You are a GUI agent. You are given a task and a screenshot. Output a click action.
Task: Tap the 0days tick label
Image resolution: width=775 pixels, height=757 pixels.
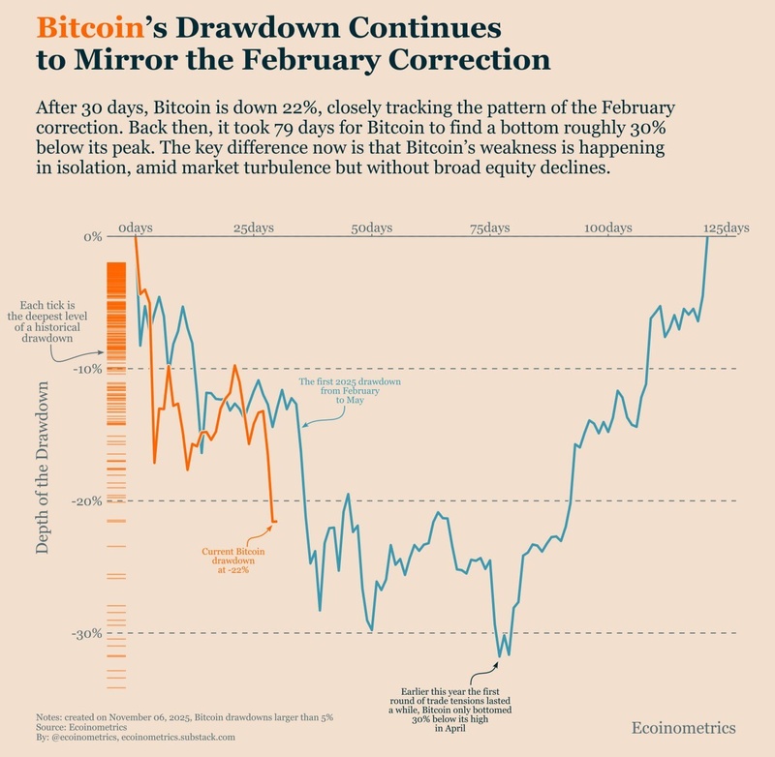pyautogui.click(x=136, y=227)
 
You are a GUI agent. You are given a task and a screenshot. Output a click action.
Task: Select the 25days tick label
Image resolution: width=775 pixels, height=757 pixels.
pyautogui.click(x=254, y=227)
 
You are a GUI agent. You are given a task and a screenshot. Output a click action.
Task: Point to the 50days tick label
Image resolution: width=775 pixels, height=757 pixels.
pyautogui.click(x=372, y=227)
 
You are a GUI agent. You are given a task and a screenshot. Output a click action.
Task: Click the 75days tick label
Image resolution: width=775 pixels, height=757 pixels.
pyautogui.click(x=490, y=227)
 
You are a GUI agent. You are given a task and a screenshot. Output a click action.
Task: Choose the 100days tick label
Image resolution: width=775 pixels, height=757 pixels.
pyautogui.click(x=607, y=227)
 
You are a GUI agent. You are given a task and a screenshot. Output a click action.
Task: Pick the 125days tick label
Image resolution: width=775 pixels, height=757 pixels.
pyautogui.click(x=726, y=227)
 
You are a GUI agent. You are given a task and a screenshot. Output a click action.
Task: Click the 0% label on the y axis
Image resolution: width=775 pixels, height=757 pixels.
pyautogui.click(x=93, y=237)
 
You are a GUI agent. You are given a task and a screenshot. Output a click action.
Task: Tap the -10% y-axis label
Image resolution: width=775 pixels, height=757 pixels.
pyautogui.click(x=88, y=369)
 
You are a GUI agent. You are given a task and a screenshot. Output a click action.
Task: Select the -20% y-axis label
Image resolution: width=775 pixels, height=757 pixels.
pyautogui.click(x=88, y=501)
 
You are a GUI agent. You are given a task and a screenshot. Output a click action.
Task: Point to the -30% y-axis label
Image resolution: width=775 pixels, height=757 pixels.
pyautogui.click(x=88, y=634)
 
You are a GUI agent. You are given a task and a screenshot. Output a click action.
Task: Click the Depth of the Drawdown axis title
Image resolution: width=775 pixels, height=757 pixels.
pyautogui.click(x=43, y=468)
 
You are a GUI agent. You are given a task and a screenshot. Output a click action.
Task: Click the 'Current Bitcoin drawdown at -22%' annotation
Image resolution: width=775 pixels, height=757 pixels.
pyautogui.click(x=226, y=560)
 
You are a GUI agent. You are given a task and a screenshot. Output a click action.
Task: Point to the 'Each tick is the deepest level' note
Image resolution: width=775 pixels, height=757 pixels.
pyautogui.click(x=53, y=321)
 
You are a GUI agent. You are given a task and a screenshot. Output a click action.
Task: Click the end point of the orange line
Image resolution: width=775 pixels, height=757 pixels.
pyautogui.click(x=276, y=522)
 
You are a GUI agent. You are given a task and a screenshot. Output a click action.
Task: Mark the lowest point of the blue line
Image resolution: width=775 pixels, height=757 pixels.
pyautogui.click(x=500, y=657)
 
